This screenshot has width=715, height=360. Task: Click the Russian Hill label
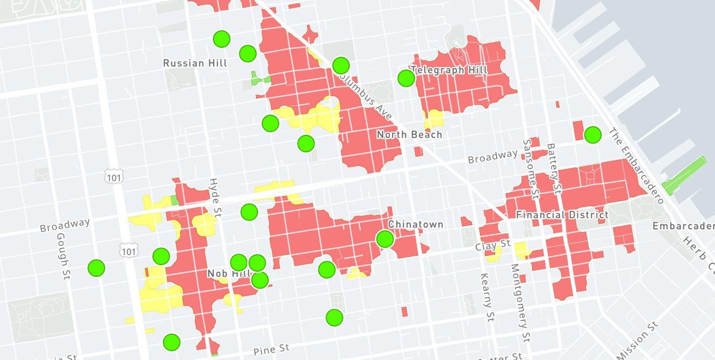195,63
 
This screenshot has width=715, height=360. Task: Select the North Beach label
409,134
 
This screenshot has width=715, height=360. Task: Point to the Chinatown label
415,224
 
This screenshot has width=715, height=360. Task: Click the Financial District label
562,215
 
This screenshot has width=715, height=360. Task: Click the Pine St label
272,349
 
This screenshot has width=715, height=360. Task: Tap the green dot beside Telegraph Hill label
406,78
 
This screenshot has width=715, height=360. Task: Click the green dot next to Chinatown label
385,239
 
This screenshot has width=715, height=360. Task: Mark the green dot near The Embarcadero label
592,135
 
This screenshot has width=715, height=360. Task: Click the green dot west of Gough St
96,268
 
